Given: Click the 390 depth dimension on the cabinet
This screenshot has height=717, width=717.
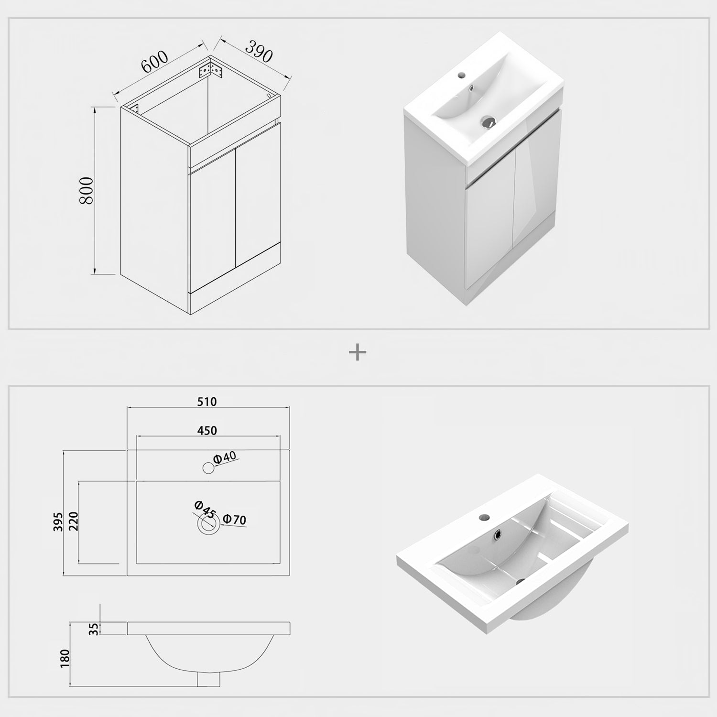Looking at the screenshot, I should tap(259, 52).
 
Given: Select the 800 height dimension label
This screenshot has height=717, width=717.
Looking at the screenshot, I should tap(87, 190).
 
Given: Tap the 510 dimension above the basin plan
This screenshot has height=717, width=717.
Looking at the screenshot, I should tap(207, 402).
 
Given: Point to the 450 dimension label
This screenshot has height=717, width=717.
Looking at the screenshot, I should tap(207, 430).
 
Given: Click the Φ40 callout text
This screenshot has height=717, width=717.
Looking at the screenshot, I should tap(225, 457).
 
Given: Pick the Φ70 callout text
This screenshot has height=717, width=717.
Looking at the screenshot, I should tap(235, 519).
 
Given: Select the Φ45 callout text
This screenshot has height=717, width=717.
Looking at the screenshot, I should tap(205, 510).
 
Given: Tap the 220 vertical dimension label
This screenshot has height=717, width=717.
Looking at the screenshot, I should tap(73, 522).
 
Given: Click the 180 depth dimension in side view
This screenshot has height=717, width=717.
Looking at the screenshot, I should tap(65, 658).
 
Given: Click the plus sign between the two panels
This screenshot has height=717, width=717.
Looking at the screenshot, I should tap(358, 353).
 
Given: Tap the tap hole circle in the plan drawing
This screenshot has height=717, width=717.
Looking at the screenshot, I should tap(208, 467).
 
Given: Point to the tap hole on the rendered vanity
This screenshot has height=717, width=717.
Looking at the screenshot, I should tap(461, 75).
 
